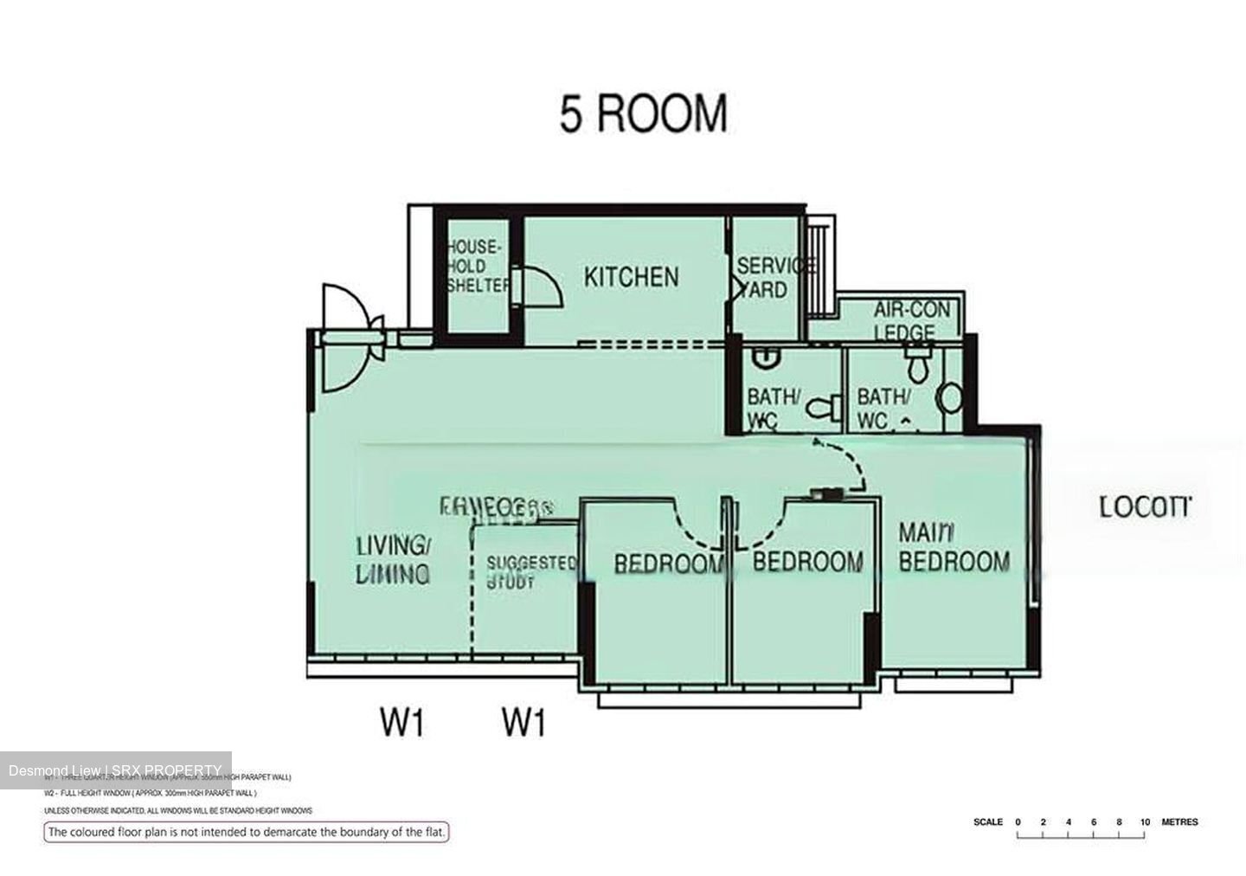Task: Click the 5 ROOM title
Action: [x=643, y=114]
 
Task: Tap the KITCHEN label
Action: [x=631, y=277]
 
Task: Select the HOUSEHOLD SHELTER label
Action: [x=477, y=266]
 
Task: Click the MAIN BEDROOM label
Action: [x=953, y=547]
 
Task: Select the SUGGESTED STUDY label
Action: [x=530, y=572]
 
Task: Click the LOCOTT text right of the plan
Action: [x=1145, y=507]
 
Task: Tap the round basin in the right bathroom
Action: [x=949, y=398]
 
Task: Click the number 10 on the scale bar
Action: [x=1145, y=821]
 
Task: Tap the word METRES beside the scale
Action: [x=1179, y=821]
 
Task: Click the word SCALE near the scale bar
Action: [x=987, y=821]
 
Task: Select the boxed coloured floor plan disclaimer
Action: [x=247, y=833]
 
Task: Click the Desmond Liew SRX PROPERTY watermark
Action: [x=115, y=770]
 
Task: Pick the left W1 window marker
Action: [x=402, y=720]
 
